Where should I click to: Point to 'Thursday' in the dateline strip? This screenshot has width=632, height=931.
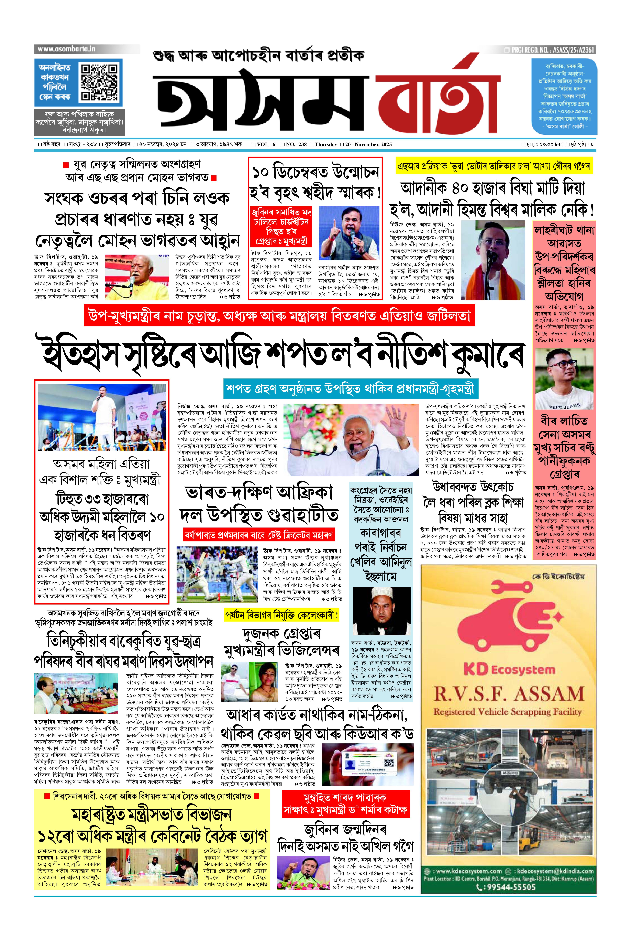tap(326, 144)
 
